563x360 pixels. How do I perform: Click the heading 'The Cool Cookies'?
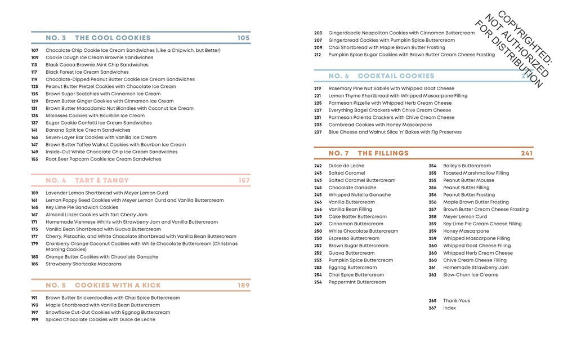click(x=113, y=38)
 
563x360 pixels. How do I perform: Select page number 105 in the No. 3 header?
click(x=243, y=38)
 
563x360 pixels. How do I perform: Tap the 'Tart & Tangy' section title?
click(x=102, y=180)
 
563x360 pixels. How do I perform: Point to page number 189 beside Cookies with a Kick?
click(x=243, y=285)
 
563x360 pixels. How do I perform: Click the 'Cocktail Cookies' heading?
click(x=396, y=75)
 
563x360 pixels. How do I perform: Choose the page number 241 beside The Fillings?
click(x=526, y=153)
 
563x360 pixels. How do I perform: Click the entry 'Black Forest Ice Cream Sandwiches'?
click(x=87, y=72)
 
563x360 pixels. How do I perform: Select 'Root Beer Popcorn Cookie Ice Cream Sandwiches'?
click(x=103, y=159)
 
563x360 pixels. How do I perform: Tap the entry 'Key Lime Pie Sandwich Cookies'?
click(x=82, y=207)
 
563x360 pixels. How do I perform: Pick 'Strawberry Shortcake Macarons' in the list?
click(x=83, y=264)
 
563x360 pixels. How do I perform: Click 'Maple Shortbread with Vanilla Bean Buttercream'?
click(x=103, y=305)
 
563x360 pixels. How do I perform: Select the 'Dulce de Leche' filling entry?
click(x=346, y=166)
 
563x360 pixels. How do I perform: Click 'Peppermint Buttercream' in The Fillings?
click(x=357, y=282)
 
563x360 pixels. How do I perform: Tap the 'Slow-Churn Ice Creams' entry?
click(x=470, y=275)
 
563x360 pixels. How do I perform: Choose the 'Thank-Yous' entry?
click(x=456, y=300)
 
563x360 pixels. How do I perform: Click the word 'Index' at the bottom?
click(x=449, y=308)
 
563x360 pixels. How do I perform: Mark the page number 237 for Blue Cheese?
click(x=318, y=132)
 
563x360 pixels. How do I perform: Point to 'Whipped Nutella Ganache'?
click(x=359, y=195)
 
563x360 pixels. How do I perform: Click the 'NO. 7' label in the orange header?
click(x=339, y=153)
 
